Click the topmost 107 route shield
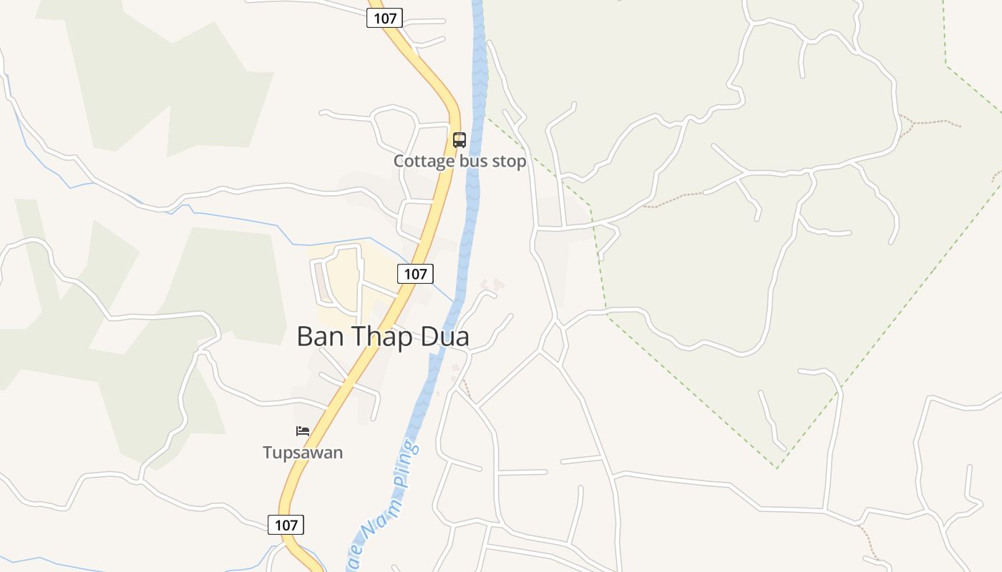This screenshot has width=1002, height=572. pos(385,19)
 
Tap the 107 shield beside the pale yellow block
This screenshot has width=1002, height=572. pos(415,273)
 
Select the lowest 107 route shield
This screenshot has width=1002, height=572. pos(286,525)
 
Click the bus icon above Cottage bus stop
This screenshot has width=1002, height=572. pos(459,139)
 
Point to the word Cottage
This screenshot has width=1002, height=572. pos(424,161)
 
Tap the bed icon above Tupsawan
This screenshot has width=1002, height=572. pos(303,431)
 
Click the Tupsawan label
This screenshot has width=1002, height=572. pos(303,453)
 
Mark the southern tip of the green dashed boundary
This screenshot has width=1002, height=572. pos(777,468)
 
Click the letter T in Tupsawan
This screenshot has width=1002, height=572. pos(267,453)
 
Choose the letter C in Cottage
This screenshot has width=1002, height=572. pos(399,161)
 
